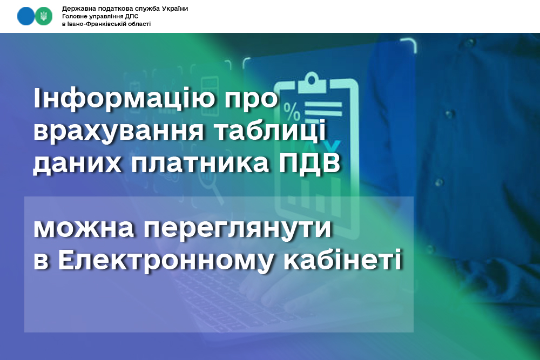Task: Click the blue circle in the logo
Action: coord(26,16)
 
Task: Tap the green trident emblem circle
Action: coord(44,16)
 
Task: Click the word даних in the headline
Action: coord(77,163)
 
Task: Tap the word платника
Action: coord(200,163)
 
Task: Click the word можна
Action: coord(84,228)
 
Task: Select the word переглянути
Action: coord(237,229)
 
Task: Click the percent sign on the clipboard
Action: coord(292,111)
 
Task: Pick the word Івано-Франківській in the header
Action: coord(94,24)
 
